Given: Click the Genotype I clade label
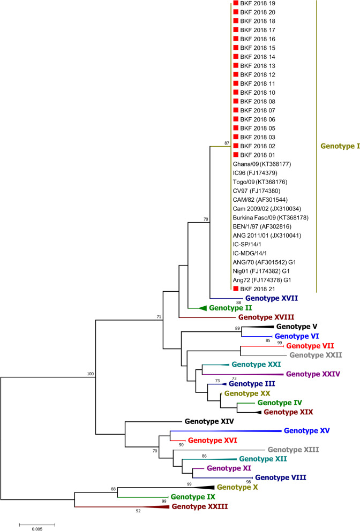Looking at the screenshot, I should click(x=340, y=145).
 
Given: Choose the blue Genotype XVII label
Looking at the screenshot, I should click(x=272, y=298).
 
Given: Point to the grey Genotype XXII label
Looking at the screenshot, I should click(x=316, y=354).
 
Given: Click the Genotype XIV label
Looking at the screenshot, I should click(x=209, y=422).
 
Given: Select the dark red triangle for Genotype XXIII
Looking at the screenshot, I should click(x=159, y=506).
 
